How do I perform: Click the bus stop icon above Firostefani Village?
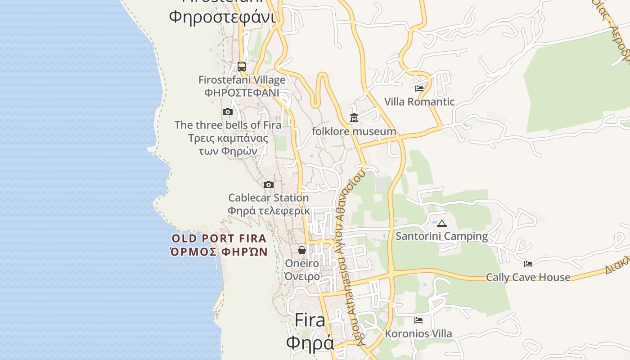pos(242,67)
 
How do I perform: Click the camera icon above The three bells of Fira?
pos(228,112)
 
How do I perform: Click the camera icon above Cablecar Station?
pos(269,184)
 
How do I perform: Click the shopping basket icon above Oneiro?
pos(302,250)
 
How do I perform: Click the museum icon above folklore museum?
pos(354,118)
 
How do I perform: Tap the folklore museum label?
pos(354,131)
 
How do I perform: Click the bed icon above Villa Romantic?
pos(419,89)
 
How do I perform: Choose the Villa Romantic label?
pos(419,102)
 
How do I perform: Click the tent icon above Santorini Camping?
pos(442,223)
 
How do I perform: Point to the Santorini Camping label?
pos(441,236)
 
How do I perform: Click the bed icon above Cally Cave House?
pos(528,264)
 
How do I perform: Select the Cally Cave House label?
pos(528,277)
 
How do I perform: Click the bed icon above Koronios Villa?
pos(418,320)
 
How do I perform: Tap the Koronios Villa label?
pos(418,334)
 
